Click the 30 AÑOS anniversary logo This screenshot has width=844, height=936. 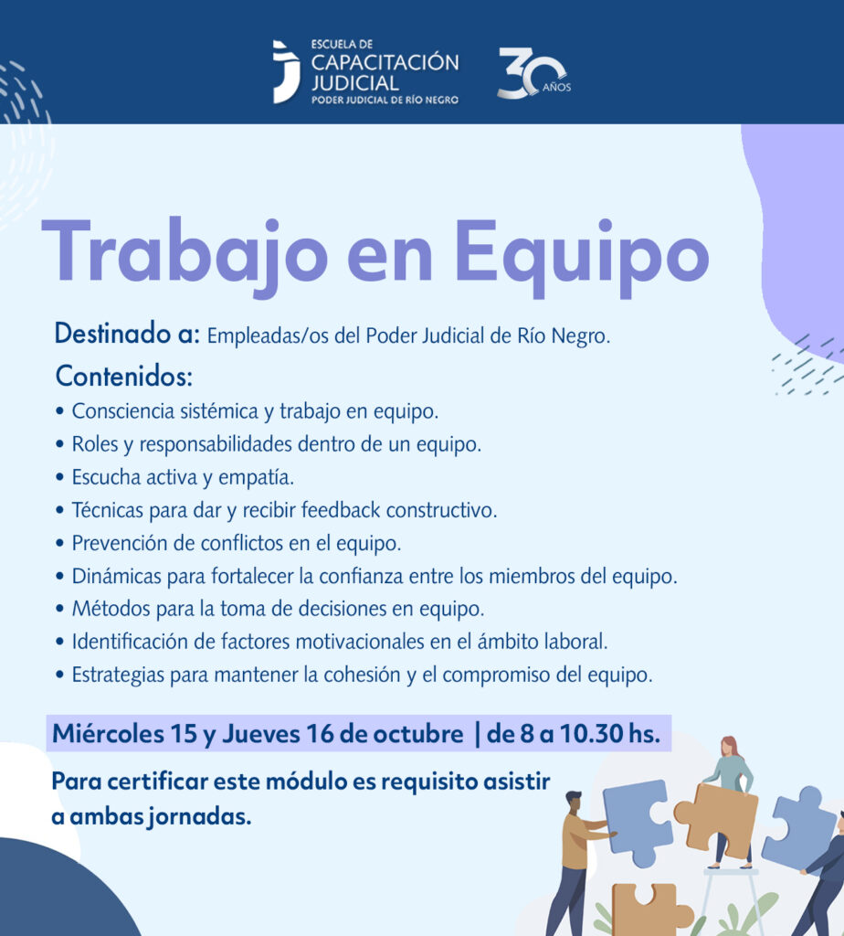click(533, 73)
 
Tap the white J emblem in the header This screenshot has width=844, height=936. click(286, 71)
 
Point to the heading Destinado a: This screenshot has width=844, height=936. click(127, 333)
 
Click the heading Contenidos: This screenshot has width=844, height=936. click(124, 376)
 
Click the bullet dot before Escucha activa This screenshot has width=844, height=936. click(59, 477)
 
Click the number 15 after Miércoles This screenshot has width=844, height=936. click(184, 734)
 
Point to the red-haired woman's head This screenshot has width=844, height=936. click(729, 746)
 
